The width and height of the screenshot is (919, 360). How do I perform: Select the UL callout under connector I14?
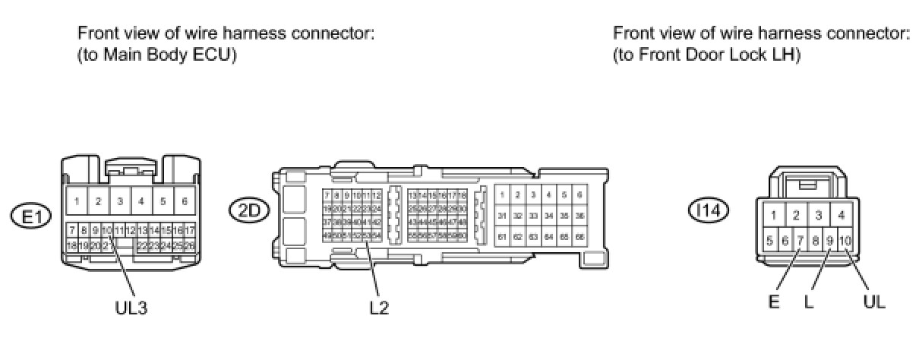coord(874,302)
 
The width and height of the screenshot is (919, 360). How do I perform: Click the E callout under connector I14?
coord(775,302)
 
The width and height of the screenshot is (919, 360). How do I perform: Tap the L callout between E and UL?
coord(809,302)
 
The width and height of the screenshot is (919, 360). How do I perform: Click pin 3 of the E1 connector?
coord(120,203)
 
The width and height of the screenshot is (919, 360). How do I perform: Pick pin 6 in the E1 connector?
coord(185,203)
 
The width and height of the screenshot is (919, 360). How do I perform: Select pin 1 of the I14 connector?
coord(773,216)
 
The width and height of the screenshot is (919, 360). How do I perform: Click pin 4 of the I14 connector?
coord(841,216)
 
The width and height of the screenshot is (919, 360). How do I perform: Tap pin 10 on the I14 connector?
coord(845,242)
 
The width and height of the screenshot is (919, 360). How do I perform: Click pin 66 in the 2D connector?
coord(580,237)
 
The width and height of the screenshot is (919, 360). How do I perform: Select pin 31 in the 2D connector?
coord(502,216)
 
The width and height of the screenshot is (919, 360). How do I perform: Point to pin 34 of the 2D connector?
coord(549,216)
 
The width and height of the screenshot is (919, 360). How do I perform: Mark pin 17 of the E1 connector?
coord(189,229)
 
